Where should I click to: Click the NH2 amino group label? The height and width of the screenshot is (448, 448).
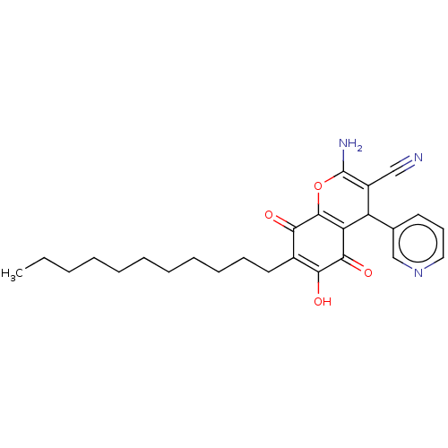[x=350, y=144]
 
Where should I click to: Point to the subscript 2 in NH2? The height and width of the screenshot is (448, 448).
[x=359, y=148]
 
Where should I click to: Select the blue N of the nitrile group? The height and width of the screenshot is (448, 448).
[x=418, y=158]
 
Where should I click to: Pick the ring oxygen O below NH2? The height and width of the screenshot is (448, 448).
[x=318, y=187]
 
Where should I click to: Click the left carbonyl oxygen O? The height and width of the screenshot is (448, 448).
[x=269, y=215]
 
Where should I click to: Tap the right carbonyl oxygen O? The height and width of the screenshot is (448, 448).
[x=367, y=272]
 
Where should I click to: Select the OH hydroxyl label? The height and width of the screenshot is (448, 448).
[x=322, y=302]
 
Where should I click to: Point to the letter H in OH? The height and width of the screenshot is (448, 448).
[x=327, y=302]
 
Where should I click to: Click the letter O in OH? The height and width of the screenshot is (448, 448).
[x=317, y=302]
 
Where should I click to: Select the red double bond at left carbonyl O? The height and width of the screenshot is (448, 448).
[x=280, y=218]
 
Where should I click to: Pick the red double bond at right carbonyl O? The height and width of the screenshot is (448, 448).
[x=358, y=266]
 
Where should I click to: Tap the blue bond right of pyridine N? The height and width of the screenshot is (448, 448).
[x=429, y=266]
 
